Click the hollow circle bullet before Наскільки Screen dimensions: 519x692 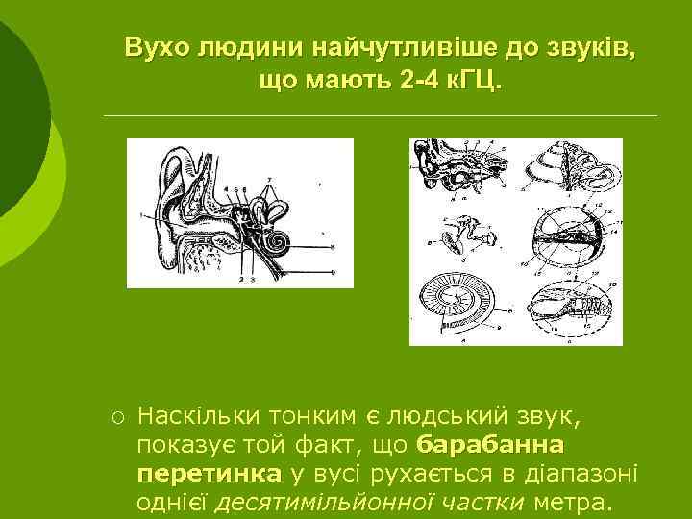(114, 419)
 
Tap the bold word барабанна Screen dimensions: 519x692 (492, 446)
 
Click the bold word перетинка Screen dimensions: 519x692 (209, 475)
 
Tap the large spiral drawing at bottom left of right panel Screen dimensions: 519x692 (461, 308)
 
